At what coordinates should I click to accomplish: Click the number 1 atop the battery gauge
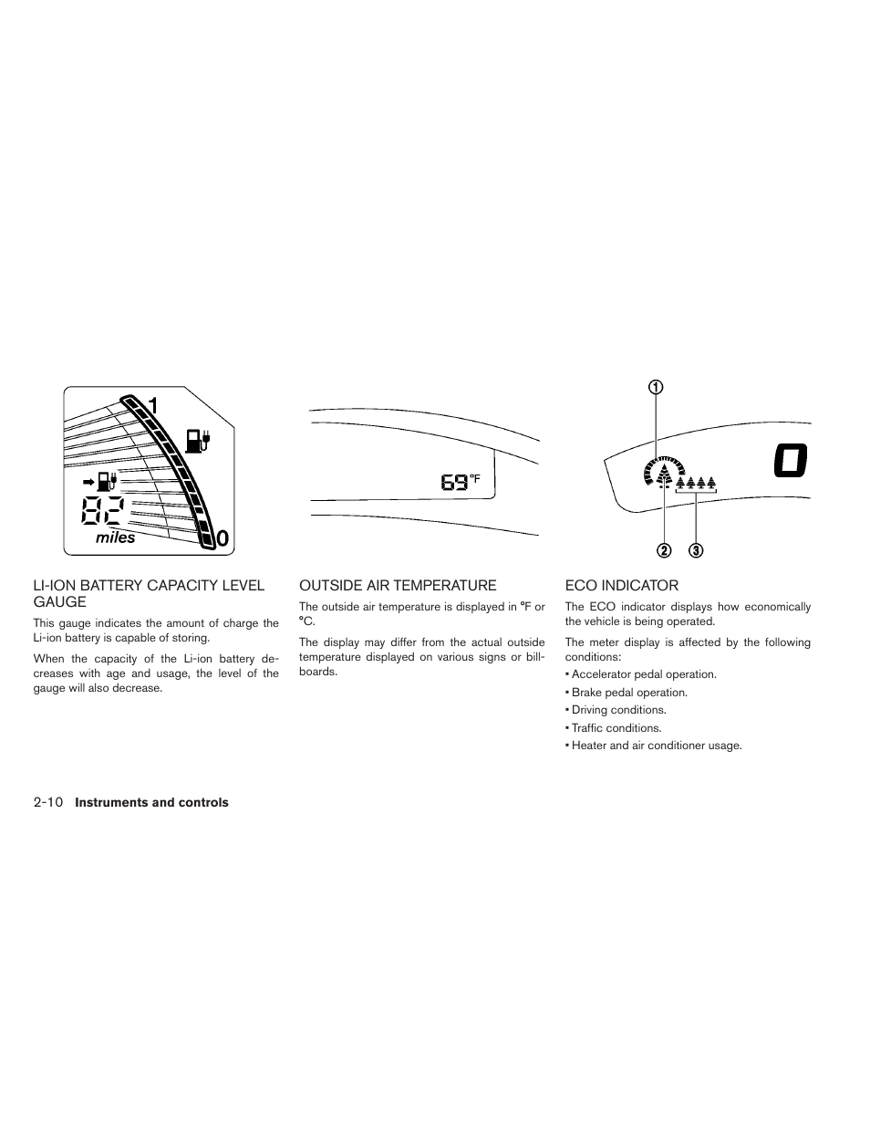pos(152,405)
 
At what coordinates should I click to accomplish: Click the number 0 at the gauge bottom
pos(222,540)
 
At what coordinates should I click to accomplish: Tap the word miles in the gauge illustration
pos(116,537)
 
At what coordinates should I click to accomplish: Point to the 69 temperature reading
pos(454,482)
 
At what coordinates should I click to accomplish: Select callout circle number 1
pos(657,386)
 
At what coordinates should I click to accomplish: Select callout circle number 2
pos(664,550)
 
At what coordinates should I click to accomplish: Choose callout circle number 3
pos(696,550)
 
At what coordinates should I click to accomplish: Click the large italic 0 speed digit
pos(790,460)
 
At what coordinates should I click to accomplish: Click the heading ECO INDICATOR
pos(622,586)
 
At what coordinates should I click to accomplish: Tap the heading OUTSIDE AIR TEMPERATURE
pos(398,586)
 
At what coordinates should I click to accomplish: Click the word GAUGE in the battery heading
pos(60,602)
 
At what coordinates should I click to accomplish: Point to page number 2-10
pos(47,803)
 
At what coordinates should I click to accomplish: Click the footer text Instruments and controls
pos(151,803)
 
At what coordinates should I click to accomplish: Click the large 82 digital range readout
pos(103,510)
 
